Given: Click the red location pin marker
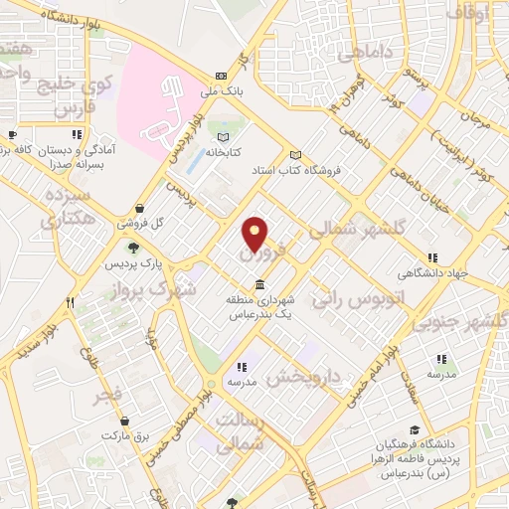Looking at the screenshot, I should click(x=255, y=233).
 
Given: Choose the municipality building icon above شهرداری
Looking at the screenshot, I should click(x=259, y=285).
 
